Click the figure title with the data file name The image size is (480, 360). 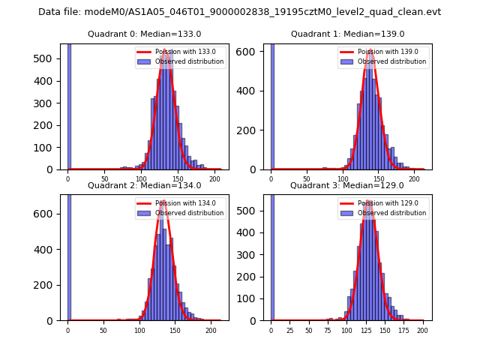click(x=239, y=12)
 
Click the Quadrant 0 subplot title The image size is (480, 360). click(x=145, y=34)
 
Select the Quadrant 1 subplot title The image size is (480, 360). click(x=347, y=34)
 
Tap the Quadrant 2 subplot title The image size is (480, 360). click(x=145, y=185)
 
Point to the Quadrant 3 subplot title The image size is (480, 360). click(x=347, y=185)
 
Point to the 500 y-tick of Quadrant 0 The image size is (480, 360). click(x=49, y=58)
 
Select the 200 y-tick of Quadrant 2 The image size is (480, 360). click(x=49, y=285)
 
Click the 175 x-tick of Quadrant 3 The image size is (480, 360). click(x=403, y=330)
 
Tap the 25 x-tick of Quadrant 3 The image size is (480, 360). click(x=290, y=330)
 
